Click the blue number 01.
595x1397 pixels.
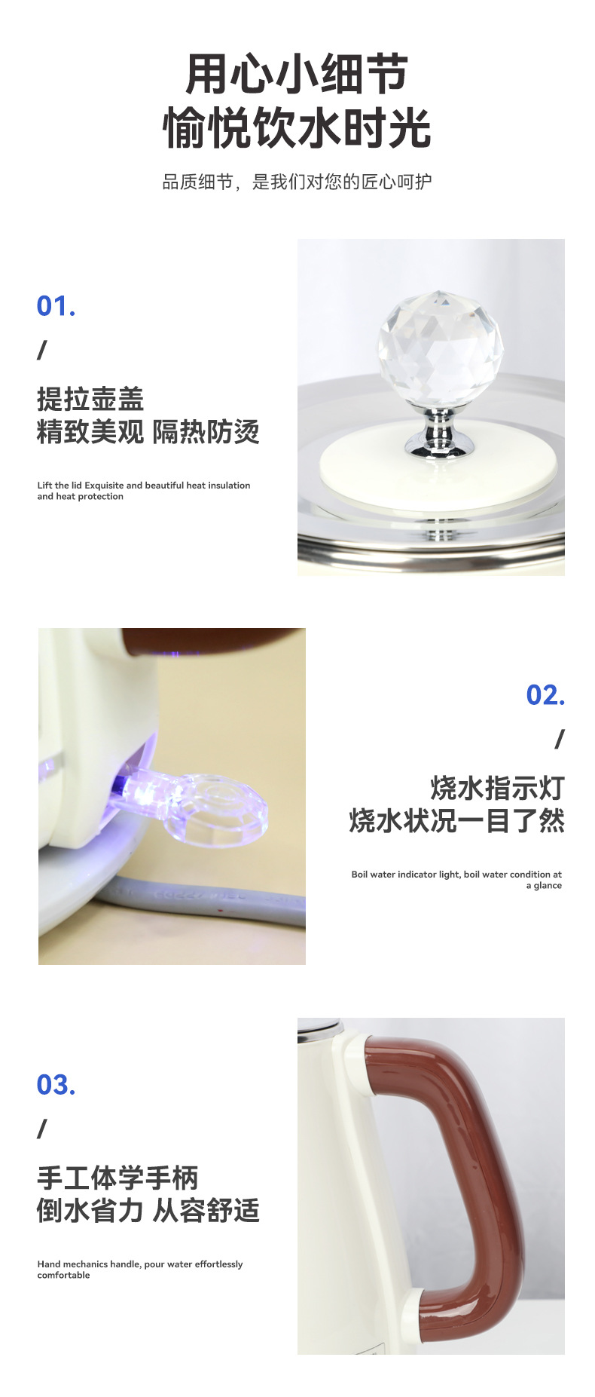point(56,306)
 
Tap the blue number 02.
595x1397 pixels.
point(545,695)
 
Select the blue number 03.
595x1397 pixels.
point(56,1085)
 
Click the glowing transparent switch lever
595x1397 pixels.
point(203,807)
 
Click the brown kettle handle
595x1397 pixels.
point(467,1176)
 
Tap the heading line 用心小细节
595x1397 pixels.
point(297,74)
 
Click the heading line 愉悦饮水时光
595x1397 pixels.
point(297,127)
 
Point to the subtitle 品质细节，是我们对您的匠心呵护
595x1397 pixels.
point(297,182)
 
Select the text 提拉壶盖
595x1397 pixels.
point(90,399)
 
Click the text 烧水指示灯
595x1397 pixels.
point(497,788)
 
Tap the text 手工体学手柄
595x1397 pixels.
point(117,1178)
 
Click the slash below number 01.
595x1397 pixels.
point(42,350)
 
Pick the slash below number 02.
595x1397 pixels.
point(559,740)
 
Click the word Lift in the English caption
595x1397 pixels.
point(45,486)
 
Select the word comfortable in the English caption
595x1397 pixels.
point(64,1275)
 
